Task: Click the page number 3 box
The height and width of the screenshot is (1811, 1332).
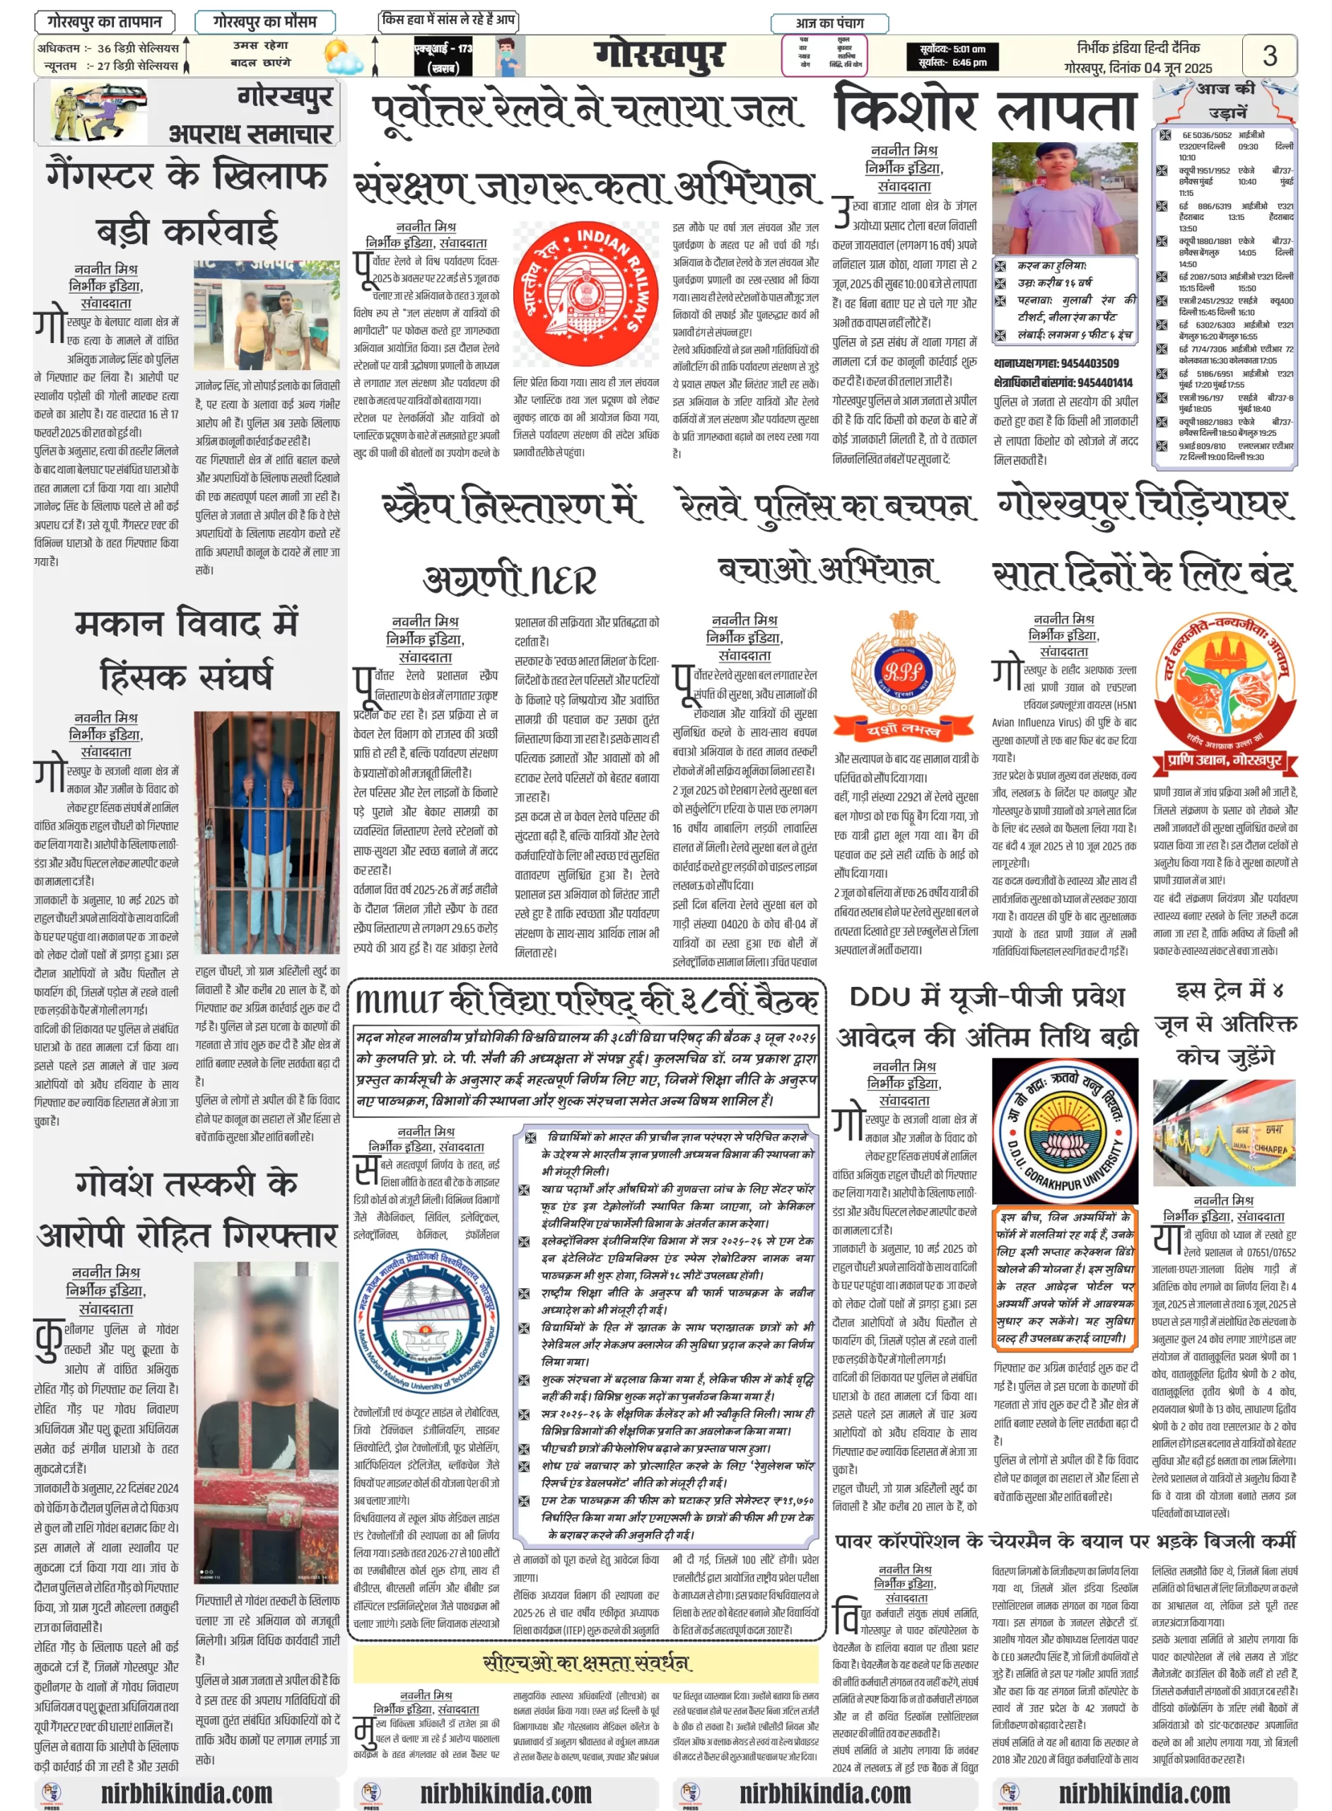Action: (1269, 55)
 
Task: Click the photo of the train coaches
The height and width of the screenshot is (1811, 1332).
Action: (1224, 1133)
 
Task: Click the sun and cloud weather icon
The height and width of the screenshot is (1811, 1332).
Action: (344, 58)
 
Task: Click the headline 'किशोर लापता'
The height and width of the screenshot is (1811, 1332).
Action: (986, 110)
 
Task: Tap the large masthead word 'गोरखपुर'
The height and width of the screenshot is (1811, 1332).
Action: (660, 56)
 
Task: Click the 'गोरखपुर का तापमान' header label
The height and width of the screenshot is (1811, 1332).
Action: (104, 21)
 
